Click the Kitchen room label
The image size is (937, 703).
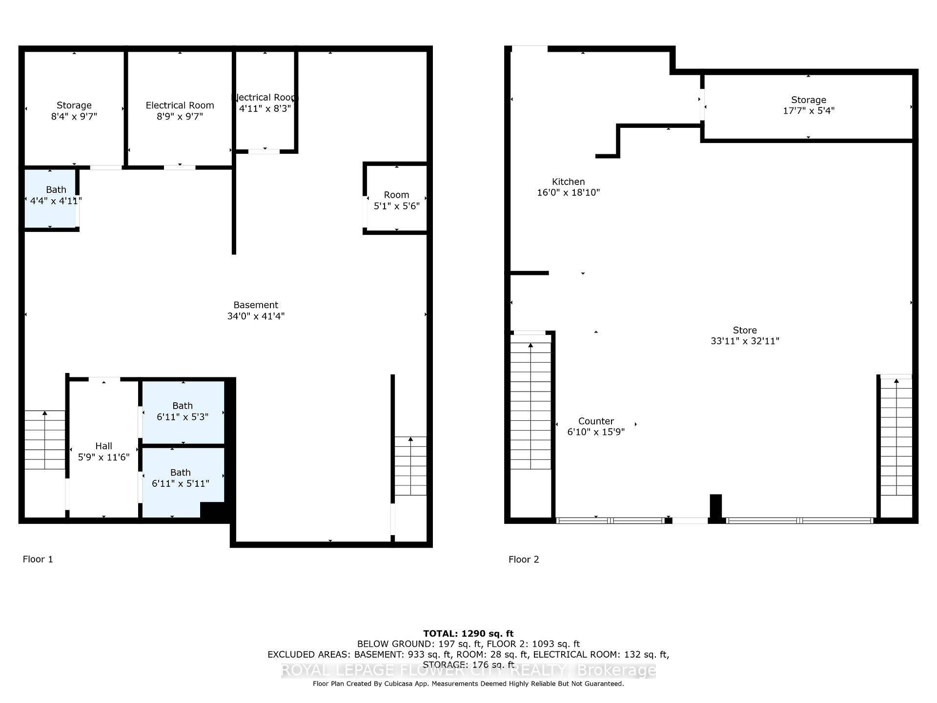tap(568, 182)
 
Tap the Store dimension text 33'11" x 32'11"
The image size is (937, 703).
tap(745, 341)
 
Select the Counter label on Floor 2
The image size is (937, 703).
tap(596, 421)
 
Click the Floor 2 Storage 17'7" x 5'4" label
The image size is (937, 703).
tap(809, 105)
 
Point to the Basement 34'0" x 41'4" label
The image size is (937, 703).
tap(256, 310)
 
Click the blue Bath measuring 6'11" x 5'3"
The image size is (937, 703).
tap(183, 411)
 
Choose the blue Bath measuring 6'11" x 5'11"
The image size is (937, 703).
tap(181, 478)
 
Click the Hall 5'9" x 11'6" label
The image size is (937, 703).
tap(103, 452)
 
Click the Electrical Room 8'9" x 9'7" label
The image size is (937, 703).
tap(180, 111)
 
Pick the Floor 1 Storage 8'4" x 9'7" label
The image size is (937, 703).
tap(74, 111)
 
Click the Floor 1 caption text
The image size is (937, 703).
tap(38, 559)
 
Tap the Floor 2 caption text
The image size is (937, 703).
tap(524, 559)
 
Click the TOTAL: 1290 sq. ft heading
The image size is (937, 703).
tap(468, 634)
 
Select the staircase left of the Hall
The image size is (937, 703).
tap(44, 439)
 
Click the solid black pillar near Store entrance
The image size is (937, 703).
tap(715, 508)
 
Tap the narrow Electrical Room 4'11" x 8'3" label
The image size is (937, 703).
tap(265, 103)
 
